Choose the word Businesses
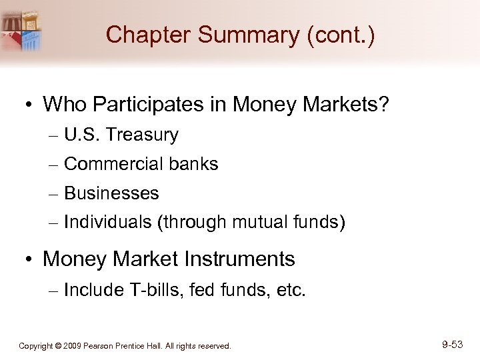[x=112, y=193]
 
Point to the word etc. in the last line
[x=290, y=290]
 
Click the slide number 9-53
[x=452, y=345]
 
